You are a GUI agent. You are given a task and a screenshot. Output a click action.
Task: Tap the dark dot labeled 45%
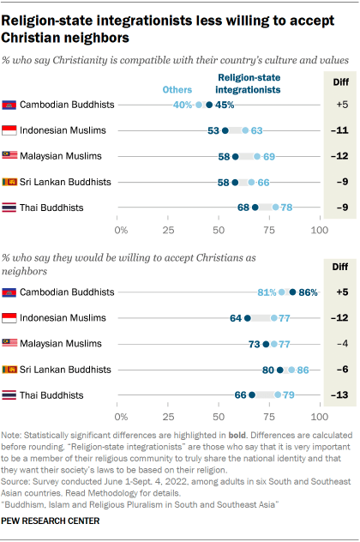click(x=210, y=105)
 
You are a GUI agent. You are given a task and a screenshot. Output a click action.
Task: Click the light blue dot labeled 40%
click(x=200, y=105)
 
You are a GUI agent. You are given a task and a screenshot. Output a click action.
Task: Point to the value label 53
click(x=213, y=130)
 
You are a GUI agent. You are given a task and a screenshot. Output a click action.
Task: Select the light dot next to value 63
click(x=245, y=130)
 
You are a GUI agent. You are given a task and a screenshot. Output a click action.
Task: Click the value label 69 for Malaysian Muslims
click(x=268, y=157)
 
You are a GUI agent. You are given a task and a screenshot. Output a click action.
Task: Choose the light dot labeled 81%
click(x=281, y=292)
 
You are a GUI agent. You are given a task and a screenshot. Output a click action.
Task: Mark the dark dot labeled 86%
click(x=292, y=292)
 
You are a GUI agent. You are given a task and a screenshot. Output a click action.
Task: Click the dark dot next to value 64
click(x=248, y=318)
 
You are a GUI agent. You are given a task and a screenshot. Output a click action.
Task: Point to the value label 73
click(x=253, y=344)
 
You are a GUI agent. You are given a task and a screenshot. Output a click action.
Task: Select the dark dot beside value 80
click(x=279, y=370)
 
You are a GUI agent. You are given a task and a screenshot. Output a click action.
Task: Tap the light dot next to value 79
click(x=278, y=395)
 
